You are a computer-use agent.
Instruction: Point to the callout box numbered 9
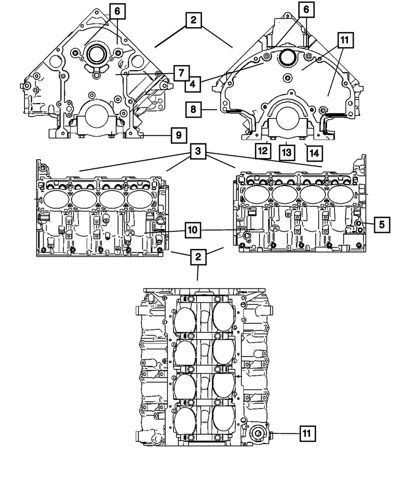[178, 136]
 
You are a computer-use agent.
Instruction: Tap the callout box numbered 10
[192, 231]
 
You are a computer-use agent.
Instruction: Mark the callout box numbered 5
[382, 224]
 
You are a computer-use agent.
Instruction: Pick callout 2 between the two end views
[193, 21]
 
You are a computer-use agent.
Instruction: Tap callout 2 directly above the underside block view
[198, 257]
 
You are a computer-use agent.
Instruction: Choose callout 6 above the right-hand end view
[305, 10]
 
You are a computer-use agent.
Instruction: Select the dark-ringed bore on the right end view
[287, 57]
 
